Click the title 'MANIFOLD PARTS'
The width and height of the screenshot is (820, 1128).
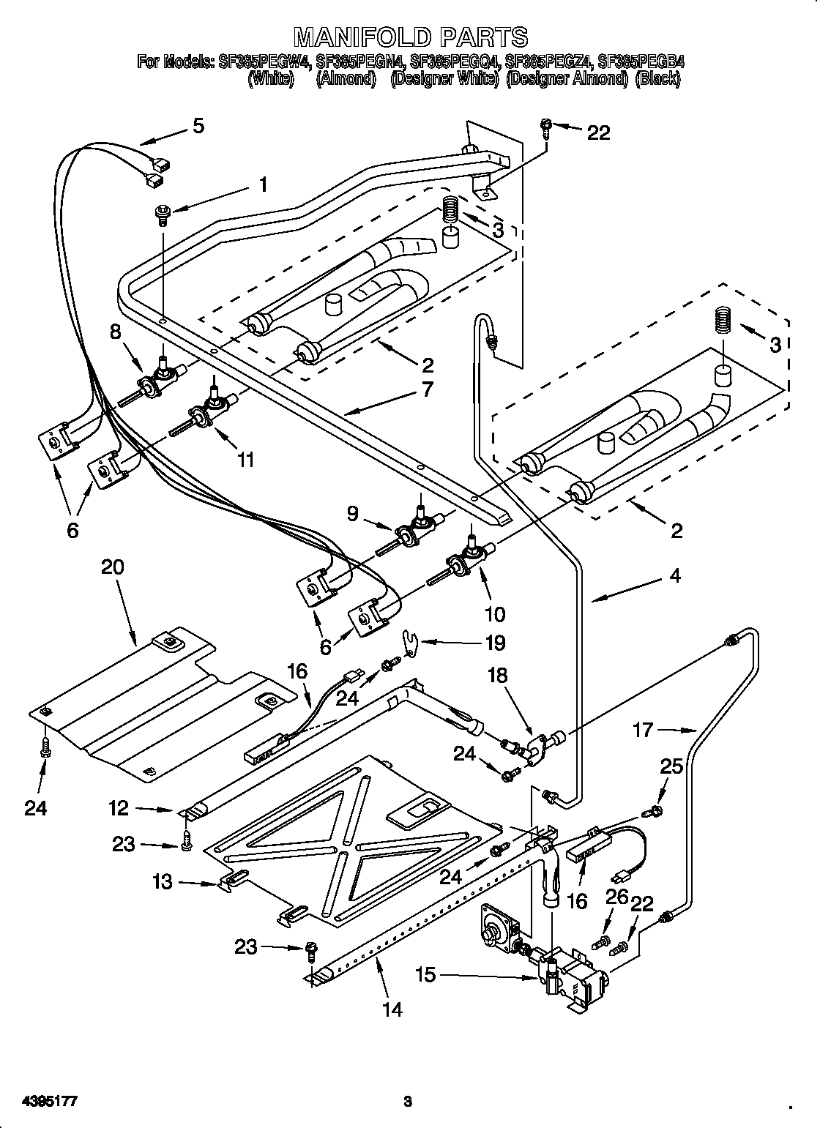(x=410, y=37)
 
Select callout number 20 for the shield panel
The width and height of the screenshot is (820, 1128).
(x=113, y=567)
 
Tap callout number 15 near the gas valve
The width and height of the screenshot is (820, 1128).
(x=425, y=974)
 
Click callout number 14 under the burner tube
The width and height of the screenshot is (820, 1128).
(x=392, y=1009)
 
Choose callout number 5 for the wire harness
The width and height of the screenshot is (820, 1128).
(x=198, y=126)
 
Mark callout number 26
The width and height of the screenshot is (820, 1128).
(x=616, y=897)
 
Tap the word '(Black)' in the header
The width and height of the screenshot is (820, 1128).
(x=657, y=79)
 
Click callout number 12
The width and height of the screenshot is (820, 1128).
(x=119, y=808)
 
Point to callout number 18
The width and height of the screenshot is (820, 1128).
(x=497, y=675)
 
